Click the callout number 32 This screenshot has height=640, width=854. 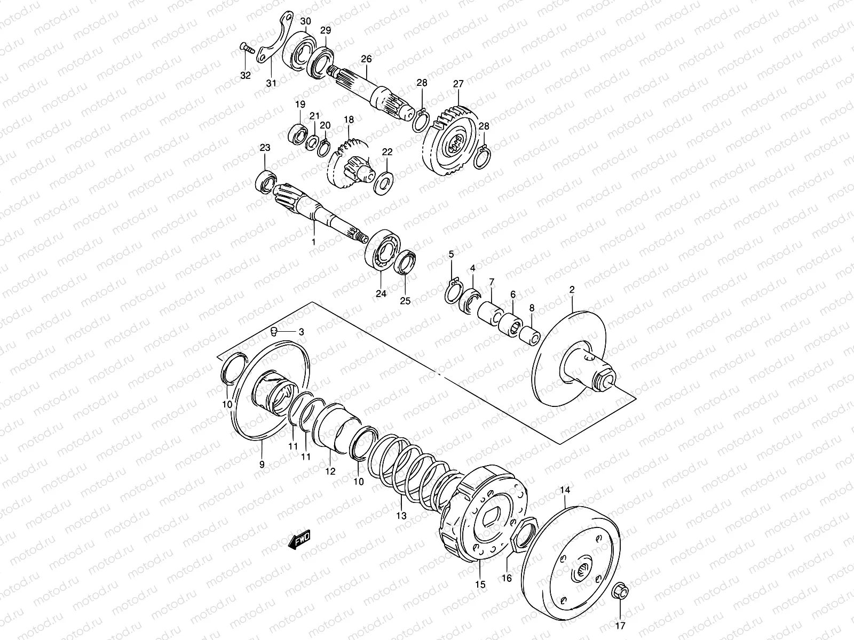point(246,75)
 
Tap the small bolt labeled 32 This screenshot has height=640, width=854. point(247,48)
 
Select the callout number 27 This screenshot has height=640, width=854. point(458,84)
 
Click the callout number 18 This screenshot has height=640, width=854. point(349,119)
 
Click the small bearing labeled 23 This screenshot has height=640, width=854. point(266,181)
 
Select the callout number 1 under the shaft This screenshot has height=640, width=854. point(314,242)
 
